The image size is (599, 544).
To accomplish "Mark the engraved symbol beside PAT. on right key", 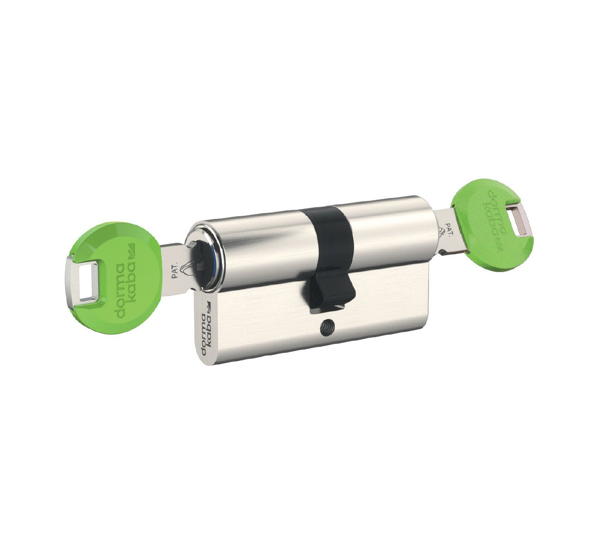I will tap(441, 231).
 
